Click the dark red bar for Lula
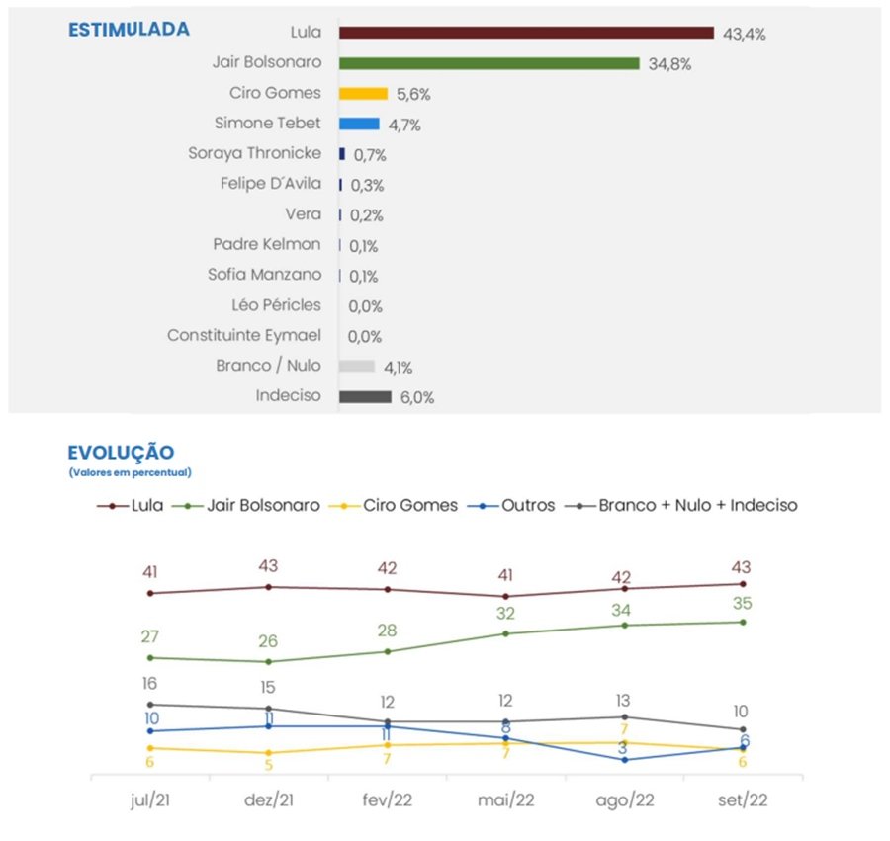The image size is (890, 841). (526, 33)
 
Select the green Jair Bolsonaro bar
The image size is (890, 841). (489, 63)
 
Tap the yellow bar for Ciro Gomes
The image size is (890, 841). (362, 94)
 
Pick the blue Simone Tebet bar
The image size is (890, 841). (359, 124)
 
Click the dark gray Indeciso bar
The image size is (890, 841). (365, 397)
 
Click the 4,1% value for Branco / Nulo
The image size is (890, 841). (398, 368)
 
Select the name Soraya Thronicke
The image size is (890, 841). (254, 154)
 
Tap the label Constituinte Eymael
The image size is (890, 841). (244, 336)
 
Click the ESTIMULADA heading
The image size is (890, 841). (129, 30)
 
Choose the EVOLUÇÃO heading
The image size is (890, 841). (121, 453)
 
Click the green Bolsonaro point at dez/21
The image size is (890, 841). (268, 661)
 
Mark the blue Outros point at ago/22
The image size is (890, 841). (624, 759)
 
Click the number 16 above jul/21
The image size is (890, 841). (149, 683)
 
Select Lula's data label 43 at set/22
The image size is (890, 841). (742, 567)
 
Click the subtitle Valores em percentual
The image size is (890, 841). (130, 473)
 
